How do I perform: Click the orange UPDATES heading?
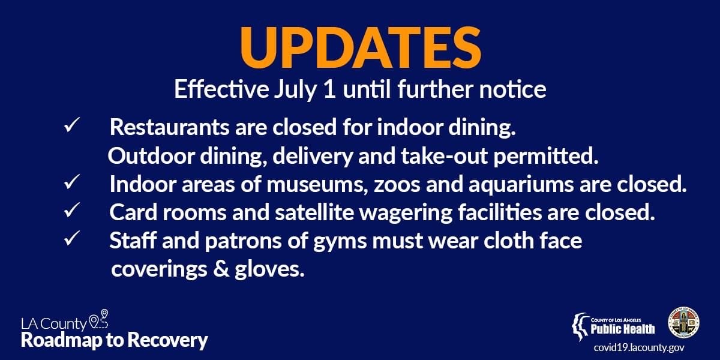(361, 47)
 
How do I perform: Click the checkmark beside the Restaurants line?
(71, 125)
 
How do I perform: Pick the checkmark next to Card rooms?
(71, 210)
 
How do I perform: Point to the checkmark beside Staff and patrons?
(71, 239)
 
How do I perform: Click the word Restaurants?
(169, 127)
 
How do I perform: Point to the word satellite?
(314, 212)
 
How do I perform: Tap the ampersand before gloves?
(221, 269)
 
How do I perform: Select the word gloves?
(269, 269)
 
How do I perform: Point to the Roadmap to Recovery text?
(115, 340)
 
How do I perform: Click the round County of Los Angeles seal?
(683, 323)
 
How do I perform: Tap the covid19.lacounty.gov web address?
(639, 348)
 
